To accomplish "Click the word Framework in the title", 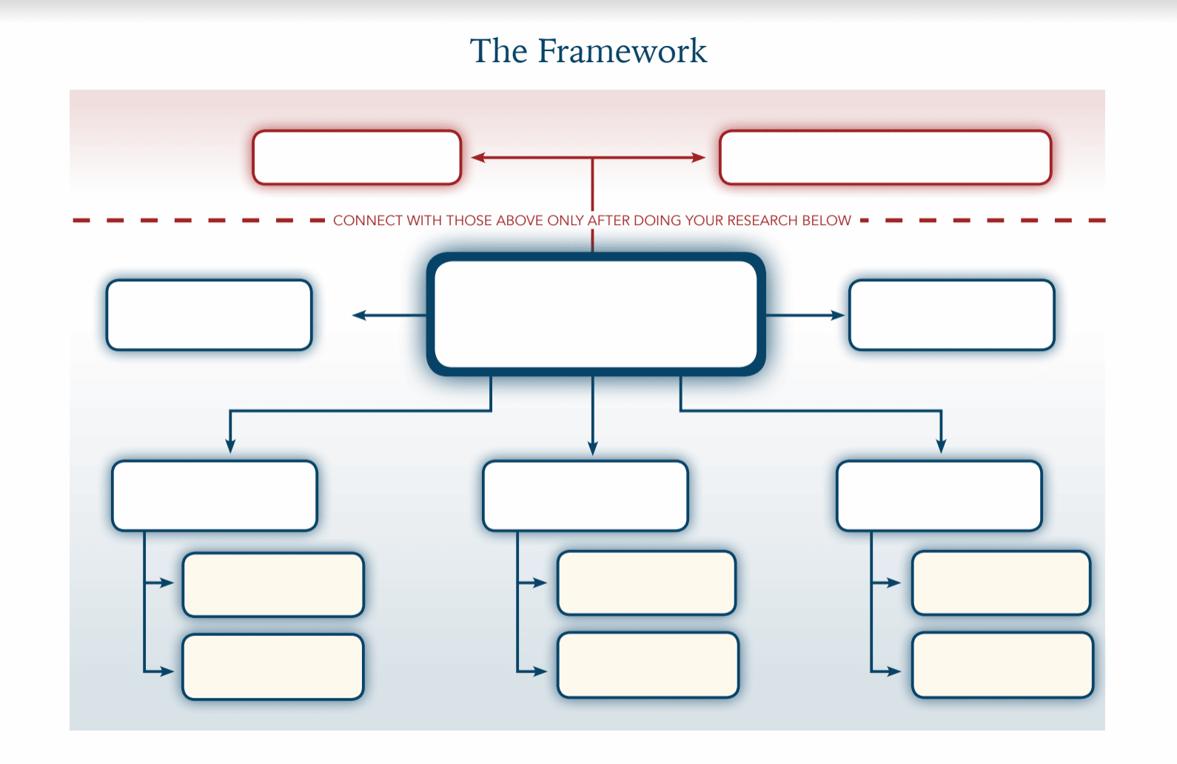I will [x=622, y=51].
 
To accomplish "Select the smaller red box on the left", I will [x=357, y=158].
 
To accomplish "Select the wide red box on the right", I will [x=885, y=158].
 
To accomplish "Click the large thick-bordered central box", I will [x=596, y=315].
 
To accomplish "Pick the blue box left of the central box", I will [x=209, y=315].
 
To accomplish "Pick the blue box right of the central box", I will [x=952, y=315].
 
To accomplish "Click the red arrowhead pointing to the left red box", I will [x=478, y=158].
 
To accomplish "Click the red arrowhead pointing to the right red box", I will [x=699, y=158].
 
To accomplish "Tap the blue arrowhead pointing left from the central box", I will [x=359, y=315].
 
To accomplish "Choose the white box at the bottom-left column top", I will [x=215, y=496].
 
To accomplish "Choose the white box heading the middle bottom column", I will [x=586, y=496].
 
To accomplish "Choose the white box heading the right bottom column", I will [x=939, y=496].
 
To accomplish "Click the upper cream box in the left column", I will [x=273, y=585].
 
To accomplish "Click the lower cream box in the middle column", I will [x=648, y=665].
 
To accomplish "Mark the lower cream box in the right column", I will [x=1002, y=665].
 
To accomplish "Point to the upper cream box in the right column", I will [x=1001, y=583].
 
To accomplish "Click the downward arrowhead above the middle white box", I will [x=593, y=449].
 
